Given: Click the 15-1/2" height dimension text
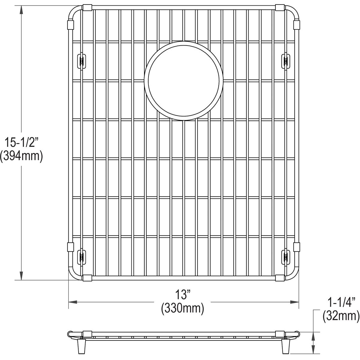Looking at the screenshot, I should [21, 142].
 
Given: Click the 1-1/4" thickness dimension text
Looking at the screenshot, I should [341, 302].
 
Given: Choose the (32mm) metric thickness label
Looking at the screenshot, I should [341, 316].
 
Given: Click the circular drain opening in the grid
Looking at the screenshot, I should [184, 80].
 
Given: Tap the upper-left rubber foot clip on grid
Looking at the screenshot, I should [81, 61].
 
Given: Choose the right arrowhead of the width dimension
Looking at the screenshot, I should [295, 302].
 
